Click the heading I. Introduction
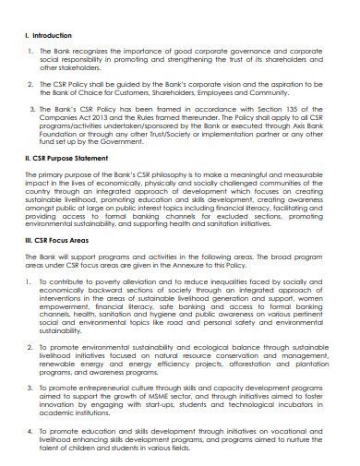tap(52, 36)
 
